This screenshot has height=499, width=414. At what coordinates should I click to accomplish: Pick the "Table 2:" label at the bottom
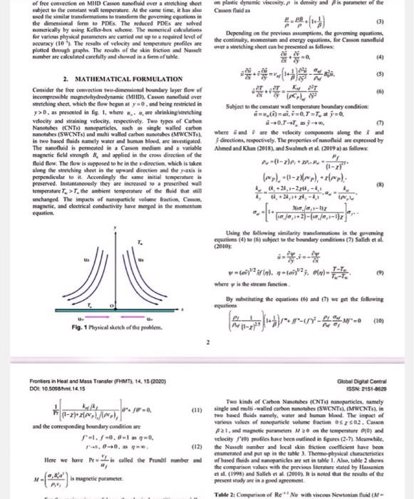click(x=227, y=495)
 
